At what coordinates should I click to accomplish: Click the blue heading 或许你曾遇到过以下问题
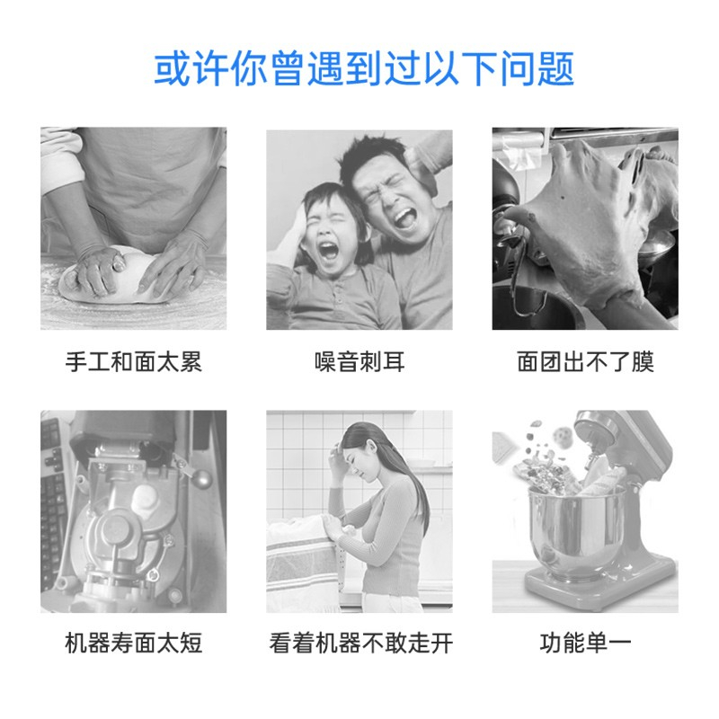[x=364, y=69]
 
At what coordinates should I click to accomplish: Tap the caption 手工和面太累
[x=133, y=362]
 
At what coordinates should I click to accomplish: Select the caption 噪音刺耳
[x=359, y=362]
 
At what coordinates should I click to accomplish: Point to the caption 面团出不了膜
[x=586, y=362]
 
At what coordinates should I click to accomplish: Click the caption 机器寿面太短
[x=133, y=643]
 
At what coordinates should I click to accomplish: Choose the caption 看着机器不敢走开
[x=361, y=643]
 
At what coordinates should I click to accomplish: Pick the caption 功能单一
[x=586, y=643]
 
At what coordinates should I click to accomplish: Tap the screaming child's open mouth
[x=329, y=251]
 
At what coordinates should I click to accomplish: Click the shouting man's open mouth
[x=404, y=219]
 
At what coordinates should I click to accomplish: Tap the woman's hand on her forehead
[x=336, y=452]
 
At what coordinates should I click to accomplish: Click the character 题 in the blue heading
[x=555, y=69]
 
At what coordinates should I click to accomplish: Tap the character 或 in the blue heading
[x=172, y=69]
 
